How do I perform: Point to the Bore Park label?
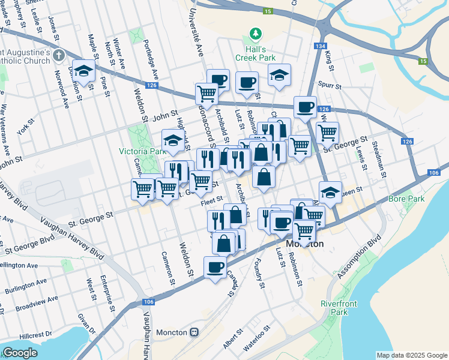point(406,198)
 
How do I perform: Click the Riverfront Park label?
point(339,308)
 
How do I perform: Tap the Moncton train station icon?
point(194,332)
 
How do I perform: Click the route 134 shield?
point(319,46)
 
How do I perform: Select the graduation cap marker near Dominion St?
point(84,71)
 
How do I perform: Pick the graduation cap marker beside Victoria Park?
point(173,141)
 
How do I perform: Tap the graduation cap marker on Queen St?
point(330,193)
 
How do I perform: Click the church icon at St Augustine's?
point(58,56)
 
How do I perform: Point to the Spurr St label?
point(330,86)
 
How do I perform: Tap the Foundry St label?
point(259,272)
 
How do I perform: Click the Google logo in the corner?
point(20,353)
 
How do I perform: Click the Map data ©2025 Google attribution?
point(411,355)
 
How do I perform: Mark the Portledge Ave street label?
point(151,60)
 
